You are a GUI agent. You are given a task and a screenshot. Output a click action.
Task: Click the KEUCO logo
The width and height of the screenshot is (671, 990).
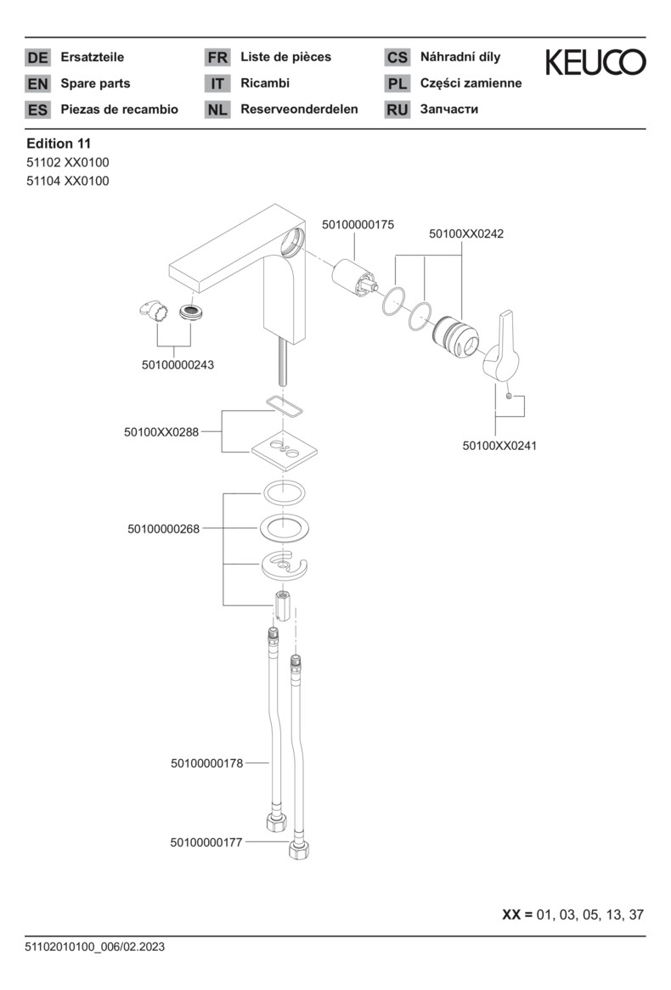(595, 62)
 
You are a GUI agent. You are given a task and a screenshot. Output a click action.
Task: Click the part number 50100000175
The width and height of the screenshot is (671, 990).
(358, 224)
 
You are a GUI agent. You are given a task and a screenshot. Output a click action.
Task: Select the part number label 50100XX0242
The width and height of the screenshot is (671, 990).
(466, 233)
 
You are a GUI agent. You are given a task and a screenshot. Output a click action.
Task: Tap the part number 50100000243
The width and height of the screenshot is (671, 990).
(178, 365)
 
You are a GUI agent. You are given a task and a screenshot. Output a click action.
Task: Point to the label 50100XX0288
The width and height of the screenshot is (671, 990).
(161, 432)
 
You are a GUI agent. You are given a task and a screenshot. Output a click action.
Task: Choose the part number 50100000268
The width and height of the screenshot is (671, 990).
(163, 529)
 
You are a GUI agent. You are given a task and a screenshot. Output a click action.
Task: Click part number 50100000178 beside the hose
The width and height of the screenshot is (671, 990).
(206, 763)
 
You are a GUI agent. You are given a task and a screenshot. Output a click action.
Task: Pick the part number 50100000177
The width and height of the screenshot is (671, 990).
(206, 842)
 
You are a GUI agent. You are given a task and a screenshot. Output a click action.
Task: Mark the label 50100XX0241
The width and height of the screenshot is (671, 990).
(499, 445)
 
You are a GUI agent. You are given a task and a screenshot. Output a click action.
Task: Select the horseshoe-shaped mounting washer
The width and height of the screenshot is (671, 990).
(285, 565)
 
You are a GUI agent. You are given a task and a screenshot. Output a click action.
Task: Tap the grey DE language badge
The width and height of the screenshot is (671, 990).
(37, 58)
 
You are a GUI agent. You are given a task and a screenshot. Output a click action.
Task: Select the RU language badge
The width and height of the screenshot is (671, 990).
(398, 110)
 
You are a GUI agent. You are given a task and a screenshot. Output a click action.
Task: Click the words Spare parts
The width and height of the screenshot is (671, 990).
(95, 83)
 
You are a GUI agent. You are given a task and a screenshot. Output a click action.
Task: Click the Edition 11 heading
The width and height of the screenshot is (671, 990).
(59, 143)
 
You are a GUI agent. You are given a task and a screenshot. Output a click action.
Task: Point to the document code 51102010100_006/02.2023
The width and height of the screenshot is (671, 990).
(95, 947)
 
